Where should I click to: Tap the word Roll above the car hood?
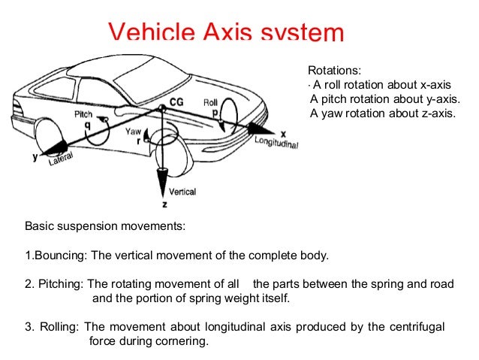pos(210,101)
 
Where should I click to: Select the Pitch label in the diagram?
pos(83,114)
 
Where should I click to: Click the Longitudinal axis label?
pos(276,142)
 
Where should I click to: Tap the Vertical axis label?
pos(182,192)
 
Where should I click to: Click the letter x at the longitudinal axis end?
pos(283,131)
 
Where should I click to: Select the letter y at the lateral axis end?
pos(35,157)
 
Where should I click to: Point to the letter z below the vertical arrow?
pos(164,204)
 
